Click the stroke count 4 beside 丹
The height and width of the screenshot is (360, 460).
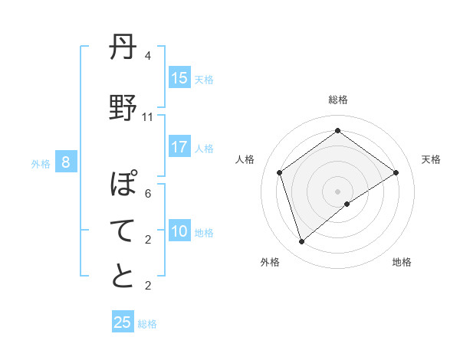[x=147, y=56]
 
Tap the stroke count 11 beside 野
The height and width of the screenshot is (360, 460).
[x=147, y=116]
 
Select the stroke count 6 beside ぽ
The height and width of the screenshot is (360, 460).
[x=147, y=194]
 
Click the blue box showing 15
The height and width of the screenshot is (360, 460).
[x=179, y=78]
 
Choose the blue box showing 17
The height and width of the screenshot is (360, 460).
[x=179, y=147]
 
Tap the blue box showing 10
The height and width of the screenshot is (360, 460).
[x=179, y=231]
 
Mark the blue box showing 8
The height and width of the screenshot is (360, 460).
[x=66, y=162]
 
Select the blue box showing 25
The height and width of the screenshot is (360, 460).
[x=123, y=322]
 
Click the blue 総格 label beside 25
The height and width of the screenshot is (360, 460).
[x=148, y=324]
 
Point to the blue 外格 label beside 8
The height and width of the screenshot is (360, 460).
[x=41, y=163]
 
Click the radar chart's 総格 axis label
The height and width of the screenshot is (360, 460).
[x=338, y=100]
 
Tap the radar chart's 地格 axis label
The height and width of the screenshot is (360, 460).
[x=402, y=263]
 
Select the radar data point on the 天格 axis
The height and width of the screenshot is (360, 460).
[x=396, y=172]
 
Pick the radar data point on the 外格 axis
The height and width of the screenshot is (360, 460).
[x=302, y=242]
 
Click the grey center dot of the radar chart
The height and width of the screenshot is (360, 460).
[x=338, y=191]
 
